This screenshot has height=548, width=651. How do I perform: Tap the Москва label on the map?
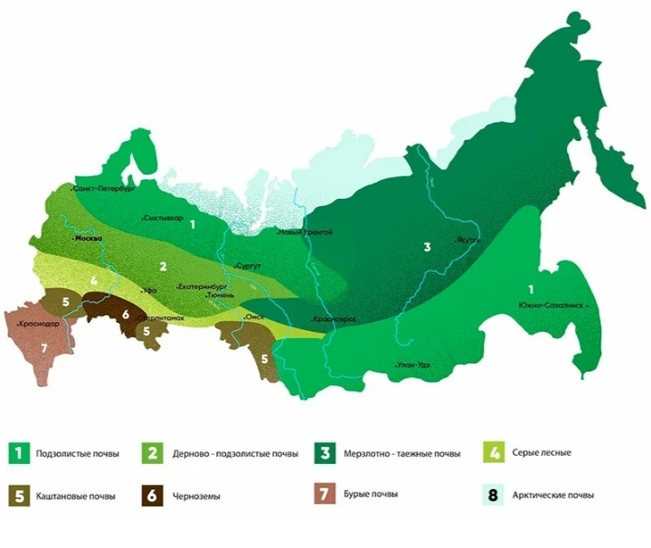[88, 239]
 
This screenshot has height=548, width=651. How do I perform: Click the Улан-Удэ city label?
[411, 364]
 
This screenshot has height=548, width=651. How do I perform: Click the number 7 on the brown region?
[42, 347]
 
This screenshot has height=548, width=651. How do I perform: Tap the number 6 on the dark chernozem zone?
[126, 314]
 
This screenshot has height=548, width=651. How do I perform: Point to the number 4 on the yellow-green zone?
[94, 282]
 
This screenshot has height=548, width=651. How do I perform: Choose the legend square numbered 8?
[493, 495]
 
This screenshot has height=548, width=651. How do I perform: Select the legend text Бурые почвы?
[371, 495]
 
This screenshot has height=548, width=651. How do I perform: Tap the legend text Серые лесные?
[542, 451]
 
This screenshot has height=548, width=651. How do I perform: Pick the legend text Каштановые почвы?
[76, 496]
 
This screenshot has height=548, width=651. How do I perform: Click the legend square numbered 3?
[323, 452]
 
